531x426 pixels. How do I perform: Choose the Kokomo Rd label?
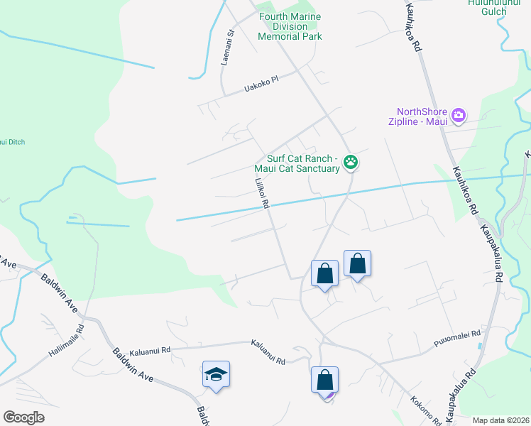426,410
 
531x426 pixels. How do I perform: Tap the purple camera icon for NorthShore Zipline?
459,114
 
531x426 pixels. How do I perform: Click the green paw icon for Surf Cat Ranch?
351,163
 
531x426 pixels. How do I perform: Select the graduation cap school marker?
216,374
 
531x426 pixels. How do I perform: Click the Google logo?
23,417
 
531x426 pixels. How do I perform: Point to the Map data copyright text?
501,420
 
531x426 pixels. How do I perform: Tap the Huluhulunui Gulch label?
488,7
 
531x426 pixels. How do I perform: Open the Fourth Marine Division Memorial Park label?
290,26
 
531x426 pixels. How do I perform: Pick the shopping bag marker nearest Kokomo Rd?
324,379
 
